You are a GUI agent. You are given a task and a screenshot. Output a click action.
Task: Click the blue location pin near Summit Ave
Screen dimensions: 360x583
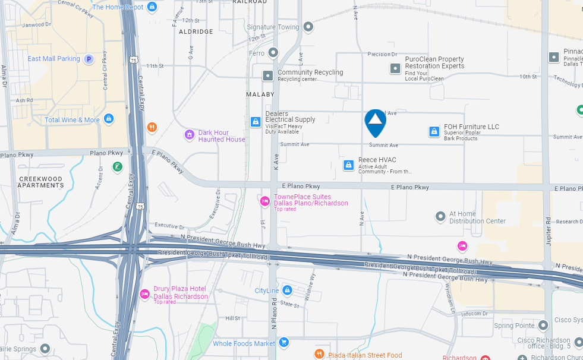[375, 122]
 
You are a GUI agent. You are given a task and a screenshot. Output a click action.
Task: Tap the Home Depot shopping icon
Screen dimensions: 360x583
[152, 7]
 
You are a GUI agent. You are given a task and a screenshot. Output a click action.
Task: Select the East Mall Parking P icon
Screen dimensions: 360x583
[89, 59]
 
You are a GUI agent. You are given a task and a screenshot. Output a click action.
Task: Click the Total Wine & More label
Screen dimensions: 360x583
[72, 120]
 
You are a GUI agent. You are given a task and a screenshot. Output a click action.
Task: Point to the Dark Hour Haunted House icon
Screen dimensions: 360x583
[190, 135]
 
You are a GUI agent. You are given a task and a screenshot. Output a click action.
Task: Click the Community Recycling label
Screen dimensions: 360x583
[310, 72]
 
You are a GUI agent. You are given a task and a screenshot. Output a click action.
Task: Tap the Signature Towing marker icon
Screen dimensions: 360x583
[308, 27]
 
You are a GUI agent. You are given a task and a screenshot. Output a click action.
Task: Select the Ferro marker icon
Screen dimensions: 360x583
[273, 53]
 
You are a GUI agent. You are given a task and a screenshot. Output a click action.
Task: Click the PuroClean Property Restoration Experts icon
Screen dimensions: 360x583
[395, 68]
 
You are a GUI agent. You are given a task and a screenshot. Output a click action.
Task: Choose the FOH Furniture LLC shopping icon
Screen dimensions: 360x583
[434, 131]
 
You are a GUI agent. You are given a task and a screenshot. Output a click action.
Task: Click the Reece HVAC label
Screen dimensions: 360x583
[377, 160]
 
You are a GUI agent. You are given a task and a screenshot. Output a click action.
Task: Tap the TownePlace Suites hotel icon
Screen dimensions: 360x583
[265, 201]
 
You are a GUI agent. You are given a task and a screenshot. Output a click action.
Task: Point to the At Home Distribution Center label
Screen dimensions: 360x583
[477, 217]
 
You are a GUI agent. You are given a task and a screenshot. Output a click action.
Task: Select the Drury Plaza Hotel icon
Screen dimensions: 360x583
[144, 293]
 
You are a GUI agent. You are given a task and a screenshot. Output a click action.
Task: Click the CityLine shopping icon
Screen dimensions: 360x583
[288, 290]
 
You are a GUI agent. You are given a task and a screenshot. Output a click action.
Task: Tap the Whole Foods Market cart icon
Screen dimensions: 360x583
[284, 342]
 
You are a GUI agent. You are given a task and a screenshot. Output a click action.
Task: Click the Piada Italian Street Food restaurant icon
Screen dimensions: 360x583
[319, 355]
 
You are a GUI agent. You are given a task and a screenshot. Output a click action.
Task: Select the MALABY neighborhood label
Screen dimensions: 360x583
[260, 94]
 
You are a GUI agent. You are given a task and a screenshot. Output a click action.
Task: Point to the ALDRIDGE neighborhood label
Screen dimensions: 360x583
[196, 31]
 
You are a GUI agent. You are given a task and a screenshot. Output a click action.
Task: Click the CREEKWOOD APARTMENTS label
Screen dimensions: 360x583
[41, 182]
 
